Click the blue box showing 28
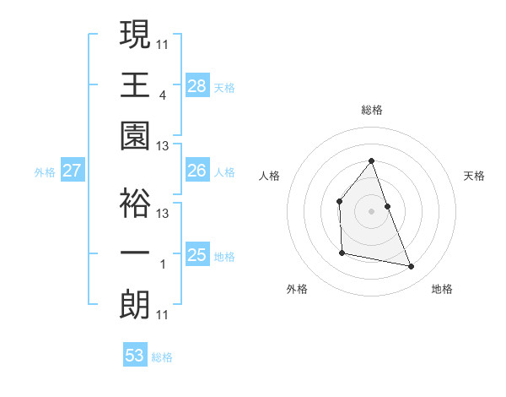(197, 85)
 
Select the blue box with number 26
(197, 171)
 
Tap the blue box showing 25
(197, 255)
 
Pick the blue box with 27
(73, 171)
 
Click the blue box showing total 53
(135, 356)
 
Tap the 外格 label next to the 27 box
(45, 172)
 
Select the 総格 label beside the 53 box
(163, 357)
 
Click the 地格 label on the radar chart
(442, 289)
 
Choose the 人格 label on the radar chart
(270, 176)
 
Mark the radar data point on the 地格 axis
(412, 267)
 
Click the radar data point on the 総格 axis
(371, 161)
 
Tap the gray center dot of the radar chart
(371, 210)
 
